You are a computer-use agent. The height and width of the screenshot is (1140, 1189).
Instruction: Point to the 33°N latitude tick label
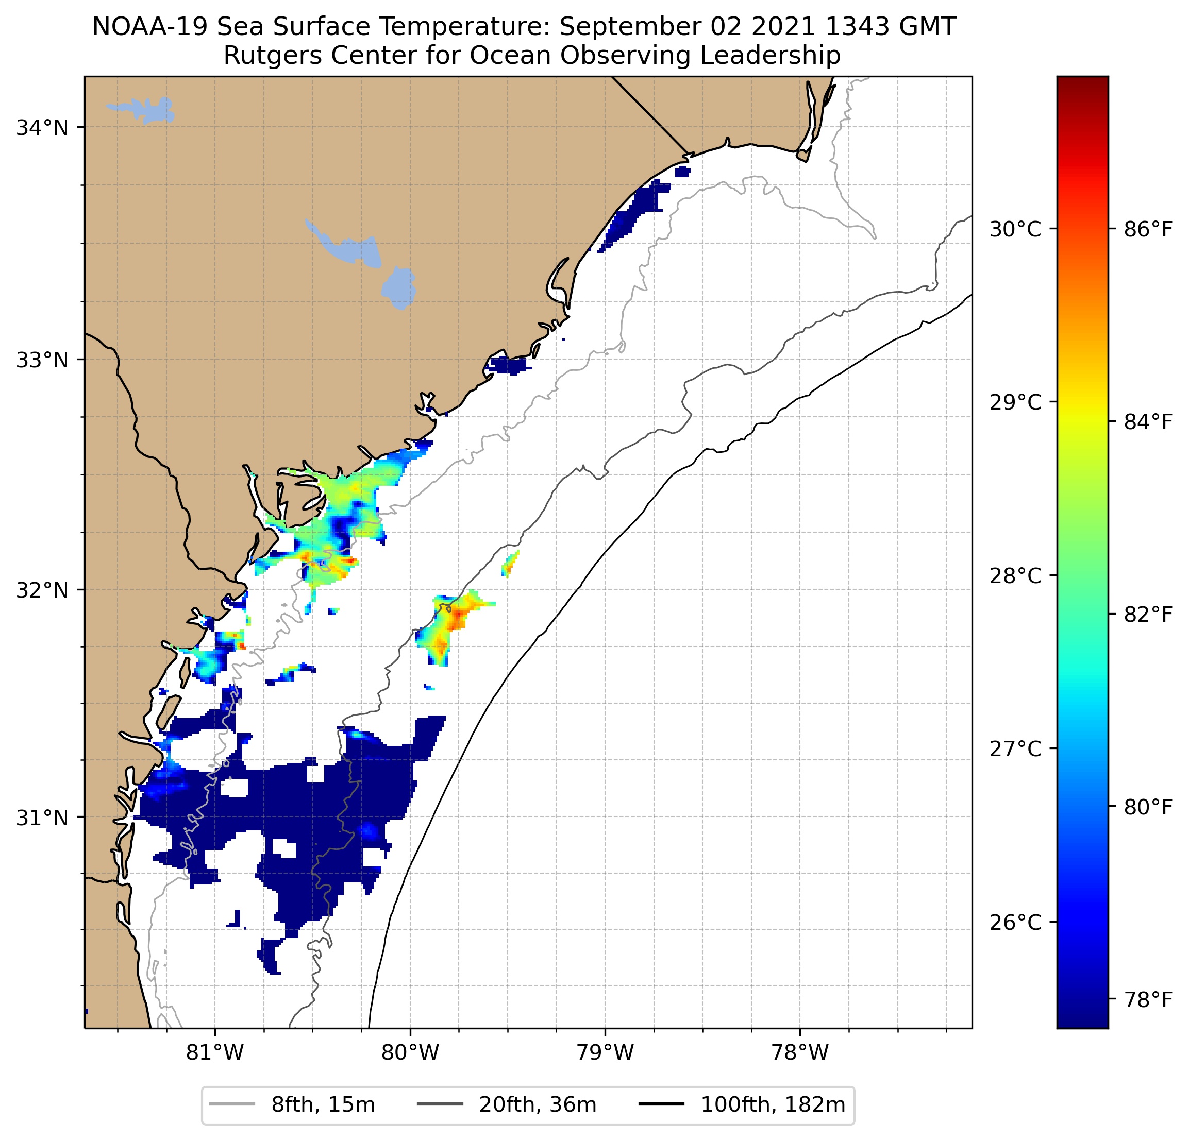(x=42, y=360)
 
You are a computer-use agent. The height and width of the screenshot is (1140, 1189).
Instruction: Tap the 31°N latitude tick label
(x=42, y=818)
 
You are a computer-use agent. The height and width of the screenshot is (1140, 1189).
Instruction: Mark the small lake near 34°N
(x=144, y=110)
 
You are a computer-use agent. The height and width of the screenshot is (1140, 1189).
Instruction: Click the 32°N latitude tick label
(x=42, y=590)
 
